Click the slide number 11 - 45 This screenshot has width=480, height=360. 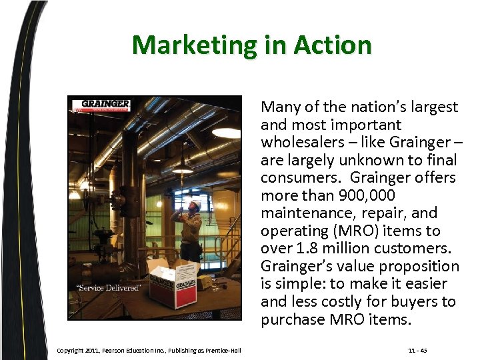419,351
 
